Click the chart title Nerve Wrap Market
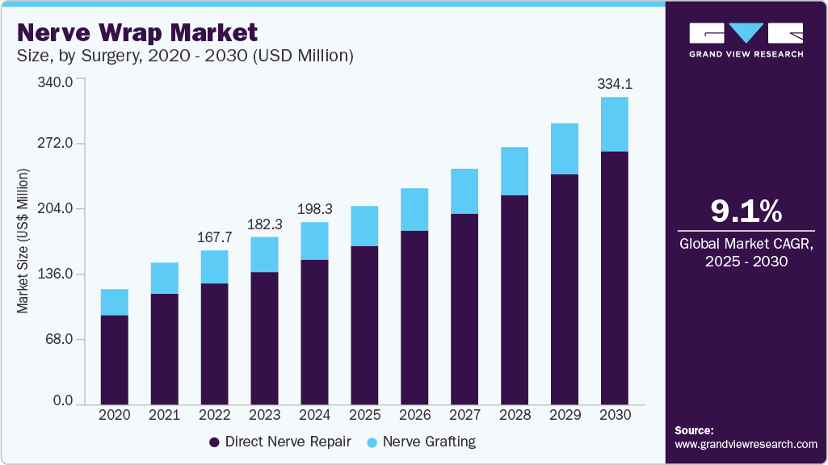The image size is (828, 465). click(137, 33)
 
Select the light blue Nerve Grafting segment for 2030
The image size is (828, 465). click(615, 124)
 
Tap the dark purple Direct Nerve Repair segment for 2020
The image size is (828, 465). click(114, 359)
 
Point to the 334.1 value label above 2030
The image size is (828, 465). click(615, 84)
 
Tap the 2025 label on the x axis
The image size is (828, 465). click(364, 414)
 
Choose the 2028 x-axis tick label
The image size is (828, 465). click(515, 414)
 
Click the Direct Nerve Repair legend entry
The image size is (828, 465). click(280, 442)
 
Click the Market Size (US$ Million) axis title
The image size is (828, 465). click(23, 241)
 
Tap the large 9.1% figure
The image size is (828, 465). click(746, 212)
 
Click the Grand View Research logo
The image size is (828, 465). click(746, 40)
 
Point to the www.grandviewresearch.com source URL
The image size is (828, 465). click(746, 444)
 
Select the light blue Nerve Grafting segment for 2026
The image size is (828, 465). click(414, 210)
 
